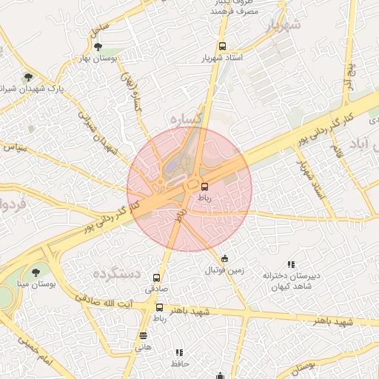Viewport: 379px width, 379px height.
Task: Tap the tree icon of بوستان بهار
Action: click(98, 47)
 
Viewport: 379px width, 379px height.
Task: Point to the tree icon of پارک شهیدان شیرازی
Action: click(28, 76)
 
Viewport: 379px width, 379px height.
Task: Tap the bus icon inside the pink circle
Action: click(204, 187)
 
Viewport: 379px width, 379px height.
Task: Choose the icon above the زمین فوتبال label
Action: click(224, 258)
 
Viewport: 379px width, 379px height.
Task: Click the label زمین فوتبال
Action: click(224, 270)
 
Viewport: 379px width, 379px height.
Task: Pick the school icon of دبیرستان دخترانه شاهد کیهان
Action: click(291, 264)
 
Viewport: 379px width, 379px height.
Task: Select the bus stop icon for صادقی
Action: click(155, 278)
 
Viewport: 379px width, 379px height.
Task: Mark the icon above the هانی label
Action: click(142, 335)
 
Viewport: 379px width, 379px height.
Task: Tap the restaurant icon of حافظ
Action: click(178, 352)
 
